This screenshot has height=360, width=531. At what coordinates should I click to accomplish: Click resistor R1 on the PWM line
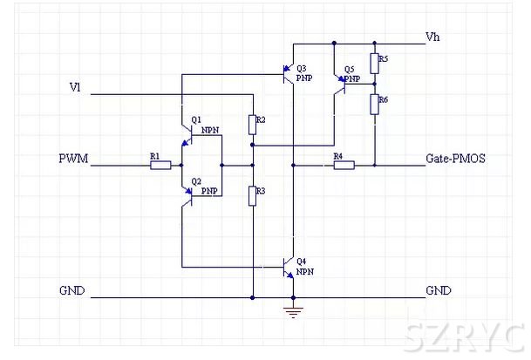pos(160,164)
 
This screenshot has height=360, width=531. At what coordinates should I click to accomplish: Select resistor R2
pos(252,126)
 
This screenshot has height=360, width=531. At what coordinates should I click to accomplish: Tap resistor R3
pos(252,195)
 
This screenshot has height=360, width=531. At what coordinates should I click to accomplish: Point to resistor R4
pos(344,164)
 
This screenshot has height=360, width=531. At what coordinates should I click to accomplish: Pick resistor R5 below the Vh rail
pos(374,63)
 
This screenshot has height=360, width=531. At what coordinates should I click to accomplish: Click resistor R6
pos(374,105)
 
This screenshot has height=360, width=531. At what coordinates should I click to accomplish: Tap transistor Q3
pos(288,74)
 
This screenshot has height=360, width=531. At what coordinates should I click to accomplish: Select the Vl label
pos(75,87)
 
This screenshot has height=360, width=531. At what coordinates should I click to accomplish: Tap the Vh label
pos(432,37)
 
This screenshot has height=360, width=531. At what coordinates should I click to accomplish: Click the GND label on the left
pos(71,290)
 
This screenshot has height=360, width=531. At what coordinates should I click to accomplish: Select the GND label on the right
pos(439,290)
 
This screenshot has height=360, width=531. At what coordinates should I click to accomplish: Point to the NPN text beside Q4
pos(305,272)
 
